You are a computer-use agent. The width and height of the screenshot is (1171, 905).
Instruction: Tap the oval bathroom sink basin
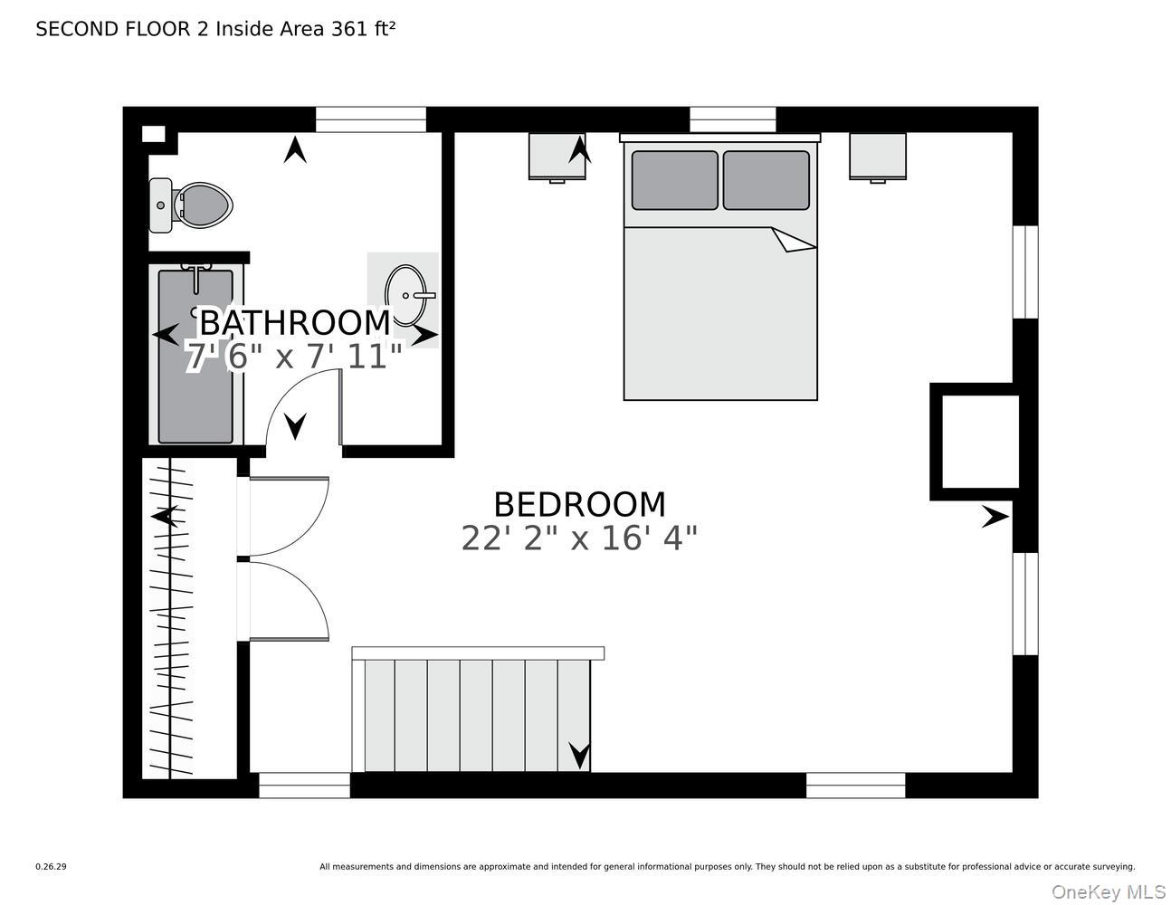click(x=405, y=295)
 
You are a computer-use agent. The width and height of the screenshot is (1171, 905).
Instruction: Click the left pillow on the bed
click(x=674, y=180)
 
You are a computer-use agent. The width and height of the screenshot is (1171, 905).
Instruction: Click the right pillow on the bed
click(x=766, y=180)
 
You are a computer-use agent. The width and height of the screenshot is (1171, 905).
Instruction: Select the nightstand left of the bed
click(x=556, y=157)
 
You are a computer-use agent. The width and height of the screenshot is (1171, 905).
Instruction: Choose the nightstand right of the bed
click(x=877, y=157)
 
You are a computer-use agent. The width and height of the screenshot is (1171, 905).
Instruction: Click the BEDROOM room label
click(x=579, y=504)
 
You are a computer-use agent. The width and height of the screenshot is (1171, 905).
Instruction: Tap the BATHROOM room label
click(x=294, y=322)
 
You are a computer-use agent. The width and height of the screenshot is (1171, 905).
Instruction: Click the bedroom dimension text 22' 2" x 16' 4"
click(x=579, y=538)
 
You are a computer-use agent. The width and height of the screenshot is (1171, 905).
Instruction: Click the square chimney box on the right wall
click(x=980, y=442)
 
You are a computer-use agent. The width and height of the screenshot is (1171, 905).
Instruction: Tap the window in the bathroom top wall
click(x=370, y=119)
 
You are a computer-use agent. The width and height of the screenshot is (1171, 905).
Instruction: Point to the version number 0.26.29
click(x=51, y=866)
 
